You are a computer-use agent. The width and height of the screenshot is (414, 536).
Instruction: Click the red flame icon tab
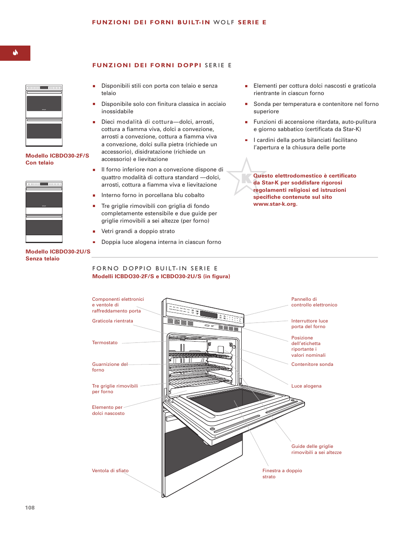coord(15,53)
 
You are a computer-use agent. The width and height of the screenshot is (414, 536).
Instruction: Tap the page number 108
coord(30,507)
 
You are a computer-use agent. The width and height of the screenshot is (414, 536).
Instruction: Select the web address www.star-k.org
coord(275,204)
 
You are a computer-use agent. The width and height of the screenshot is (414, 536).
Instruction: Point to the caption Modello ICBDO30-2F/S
coord(57,156)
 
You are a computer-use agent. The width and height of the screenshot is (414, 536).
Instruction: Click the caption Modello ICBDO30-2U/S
coord(58,252)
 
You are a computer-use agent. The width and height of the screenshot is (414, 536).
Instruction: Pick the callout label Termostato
coord(105,343)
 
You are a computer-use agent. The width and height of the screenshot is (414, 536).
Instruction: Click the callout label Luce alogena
coord(306,386)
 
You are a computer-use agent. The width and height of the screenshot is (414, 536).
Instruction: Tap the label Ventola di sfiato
coord(110,471)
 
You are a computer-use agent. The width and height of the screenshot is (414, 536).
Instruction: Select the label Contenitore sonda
coord(312,365)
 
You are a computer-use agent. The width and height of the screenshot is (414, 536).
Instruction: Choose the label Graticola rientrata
coord(112,321)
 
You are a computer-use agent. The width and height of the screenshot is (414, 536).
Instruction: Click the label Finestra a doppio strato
coord(282,474)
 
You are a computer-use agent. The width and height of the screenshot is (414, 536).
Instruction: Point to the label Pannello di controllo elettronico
coord(314,302)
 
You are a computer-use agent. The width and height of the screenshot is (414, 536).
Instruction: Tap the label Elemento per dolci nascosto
coord(108,410)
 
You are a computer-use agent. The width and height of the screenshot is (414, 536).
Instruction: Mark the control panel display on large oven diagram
coord(209,315)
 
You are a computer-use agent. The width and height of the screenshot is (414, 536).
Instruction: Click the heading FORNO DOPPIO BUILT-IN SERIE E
coord(155,269)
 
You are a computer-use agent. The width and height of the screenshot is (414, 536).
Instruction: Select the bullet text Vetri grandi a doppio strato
coord(138,231)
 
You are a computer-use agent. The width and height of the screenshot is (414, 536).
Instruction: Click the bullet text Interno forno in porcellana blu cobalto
coord(153,195)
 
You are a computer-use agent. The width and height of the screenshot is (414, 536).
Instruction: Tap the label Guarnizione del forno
coord(109,367)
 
